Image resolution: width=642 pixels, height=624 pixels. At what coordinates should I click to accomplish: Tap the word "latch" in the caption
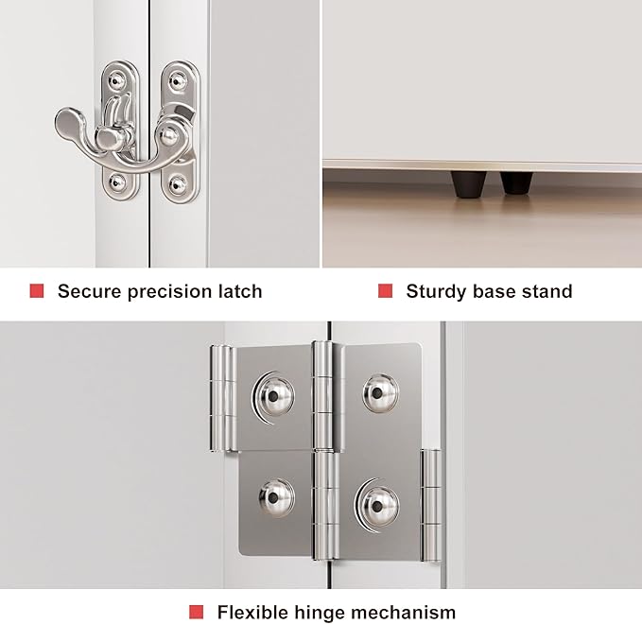[241, 291]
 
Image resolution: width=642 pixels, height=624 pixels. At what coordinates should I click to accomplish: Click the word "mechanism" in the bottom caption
[404, 613]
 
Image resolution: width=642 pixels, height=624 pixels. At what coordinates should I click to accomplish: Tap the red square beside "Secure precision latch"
[37, 290]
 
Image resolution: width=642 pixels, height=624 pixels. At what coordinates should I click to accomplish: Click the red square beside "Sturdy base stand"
[385, 290]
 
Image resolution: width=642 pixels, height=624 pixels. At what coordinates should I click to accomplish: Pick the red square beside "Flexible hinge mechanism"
[196, 612]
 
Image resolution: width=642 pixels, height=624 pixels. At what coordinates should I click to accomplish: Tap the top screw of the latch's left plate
[117, 81]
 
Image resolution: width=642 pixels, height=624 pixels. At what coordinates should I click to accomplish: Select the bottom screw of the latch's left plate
[118, 182]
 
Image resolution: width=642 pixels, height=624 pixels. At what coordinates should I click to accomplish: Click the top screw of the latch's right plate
[178, 81]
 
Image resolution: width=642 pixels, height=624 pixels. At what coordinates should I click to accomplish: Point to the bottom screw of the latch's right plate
[178, 183]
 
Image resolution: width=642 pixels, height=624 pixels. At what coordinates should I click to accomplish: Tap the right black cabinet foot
[516, 182]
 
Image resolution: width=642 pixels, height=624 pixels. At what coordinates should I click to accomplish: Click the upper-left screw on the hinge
[273, 395]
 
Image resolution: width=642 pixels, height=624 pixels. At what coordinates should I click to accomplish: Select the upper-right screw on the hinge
[381, 393]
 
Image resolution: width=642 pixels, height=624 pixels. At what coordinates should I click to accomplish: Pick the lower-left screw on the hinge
[276, 498]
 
